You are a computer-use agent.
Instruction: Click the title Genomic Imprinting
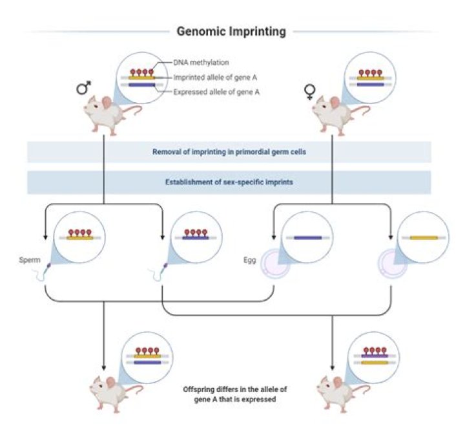click(x=231, y=31)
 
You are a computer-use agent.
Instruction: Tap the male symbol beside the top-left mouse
click(x=83, y=87)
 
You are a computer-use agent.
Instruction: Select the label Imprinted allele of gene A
click(x=212, y=78)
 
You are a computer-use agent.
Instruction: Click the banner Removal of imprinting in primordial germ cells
click(x=229, y=153)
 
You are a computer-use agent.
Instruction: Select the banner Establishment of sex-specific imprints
click(x=229, y=182)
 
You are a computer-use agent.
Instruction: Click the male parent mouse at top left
click(x=107, y=116)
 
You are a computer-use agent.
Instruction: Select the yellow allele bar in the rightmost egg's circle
click(x=424, y=237)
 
